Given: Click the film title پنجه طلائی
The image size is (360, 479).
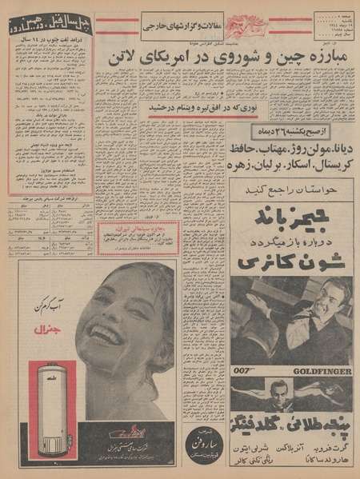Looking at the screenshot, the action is (292, 422).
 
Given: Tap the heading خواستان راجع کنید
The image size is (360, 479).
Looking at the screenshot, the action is (291, 189).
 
